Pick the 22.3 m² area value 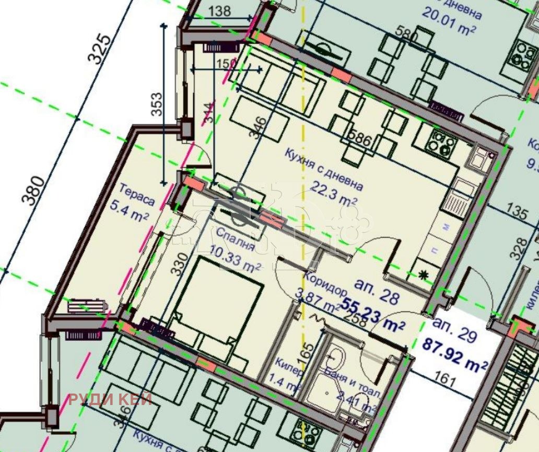coord(334,193)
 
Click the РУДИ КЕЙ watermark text coord(111,400)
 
